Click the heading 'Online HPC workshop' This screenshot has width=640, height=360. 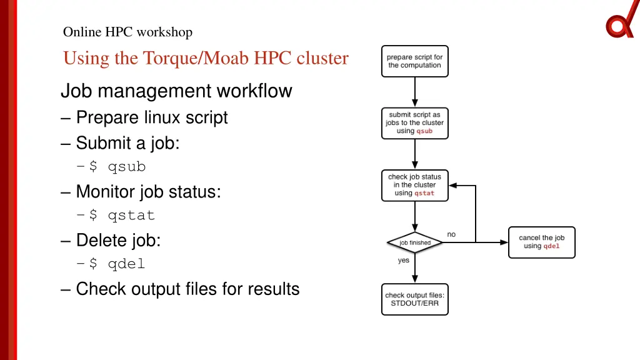tap(127, 32)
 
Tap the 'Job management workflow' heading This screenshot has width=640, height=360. tap(176, 91)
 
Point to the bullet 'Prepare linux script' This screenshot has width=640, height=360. tap(151, 117)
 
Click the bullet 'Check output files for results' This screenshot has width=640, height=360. tap(187, 289)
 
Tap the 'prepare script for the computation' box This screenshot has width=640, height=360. tap(415, 61)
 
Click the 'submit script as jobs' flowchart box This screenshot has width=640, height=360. tap(415, 123)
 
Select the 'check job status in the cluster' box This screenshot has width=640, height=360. tap(415, 185)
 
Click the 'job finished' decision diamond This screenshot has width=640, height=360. tap(415, 242)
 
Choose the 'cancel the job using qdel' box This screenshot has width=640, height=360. tap(541, 242)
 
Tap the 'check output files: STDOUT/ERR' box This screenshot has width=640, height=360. tap(415, 299)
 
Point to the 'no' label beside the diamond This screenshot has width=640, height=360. tap(451, 234)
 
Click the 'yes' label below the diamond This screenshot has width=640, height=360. tap(404, 261)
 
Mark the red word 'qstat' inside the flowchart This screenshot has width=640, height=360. tap(424, 193)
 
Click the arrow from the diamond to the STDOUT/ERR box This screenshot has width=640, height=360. tap(415, 269)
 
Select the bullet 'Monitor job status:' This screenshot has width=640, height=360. tap(148, 192)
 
